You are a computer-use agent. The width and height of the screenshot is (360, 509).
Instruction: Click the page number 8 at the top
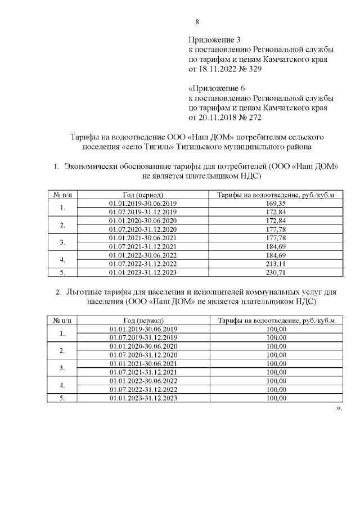[197, 22]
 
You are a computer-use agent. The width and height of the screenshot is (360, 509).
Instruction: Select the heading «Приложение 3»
[214, 40]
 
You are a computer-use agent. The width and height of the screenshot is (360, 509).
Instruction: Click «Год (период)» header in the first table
[143, 195]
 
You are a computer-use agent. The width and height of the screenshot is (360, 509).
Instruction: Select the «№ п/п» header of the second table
[62, 320]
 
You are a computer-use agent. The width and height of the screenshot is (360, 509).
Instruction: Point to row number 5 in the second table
[62, 398]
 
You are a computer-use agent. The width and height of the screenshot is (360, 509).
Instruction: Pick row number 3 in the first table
[62, 242]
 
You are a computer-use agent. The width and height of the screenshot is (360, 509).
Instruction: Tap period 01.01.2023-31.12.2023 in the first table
[143, 272]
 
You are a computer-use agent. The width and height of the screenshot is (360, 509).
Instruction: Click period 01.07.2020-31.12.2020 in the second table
[143, 354]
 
